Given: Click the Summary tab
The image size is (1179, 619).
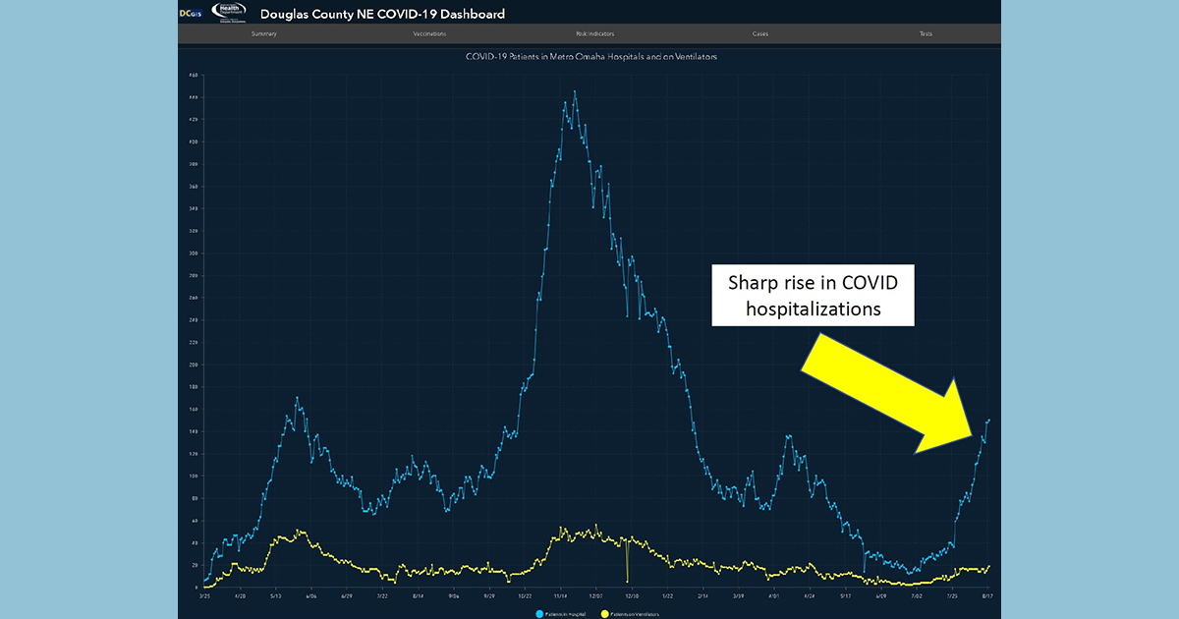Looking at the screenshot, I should click(x=263, y=34).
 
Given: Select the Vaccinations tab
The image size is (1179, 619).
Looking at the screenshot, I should click(x=429, y=34).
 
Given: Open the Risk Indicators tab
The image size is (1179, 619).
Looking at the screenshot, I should click(x=595, y=34).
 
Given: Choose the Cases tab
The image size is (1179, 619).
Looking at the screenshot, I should click(x=760, y=34).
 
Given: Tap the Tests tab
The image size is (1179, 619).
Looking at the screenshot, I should click(x=926, y=34).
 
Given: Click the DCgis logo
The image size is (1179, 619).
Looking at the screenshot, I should click(x=191, y=13).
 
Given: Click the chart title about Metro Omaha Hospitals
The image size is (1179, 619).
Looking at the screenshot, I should click(x=591, y=57).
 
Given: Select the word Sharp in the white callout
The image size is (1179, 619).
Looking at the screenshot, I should click(x=748, y=283).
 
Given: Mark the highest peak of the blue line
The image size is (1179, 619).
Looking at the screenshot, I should click(x=575, y=91).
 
